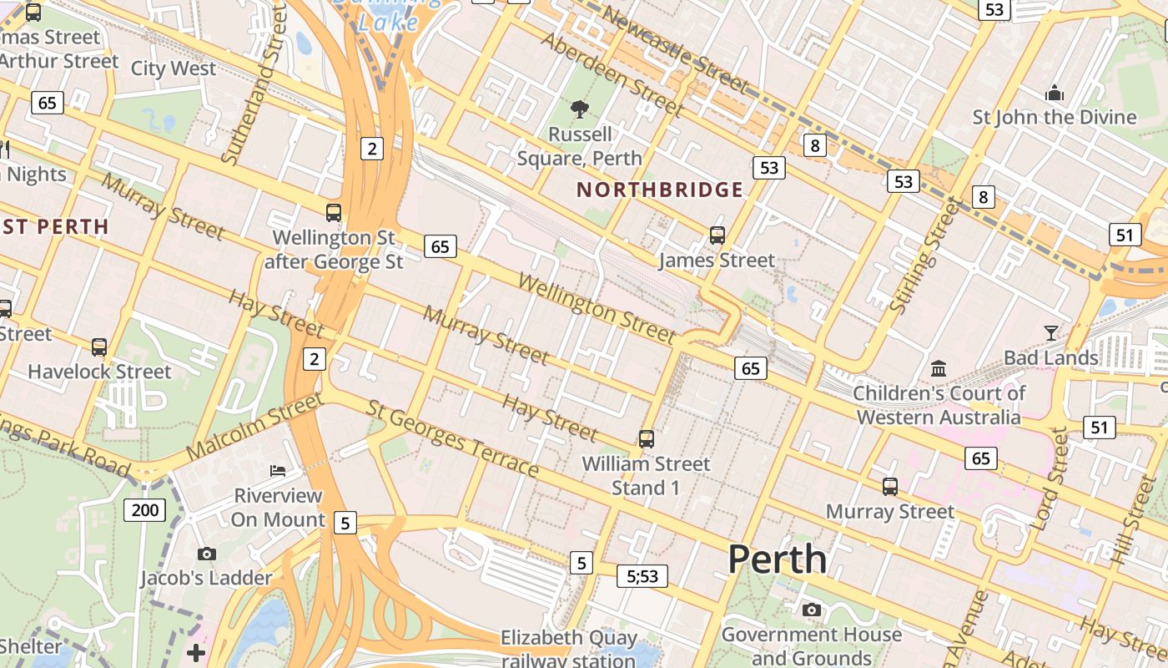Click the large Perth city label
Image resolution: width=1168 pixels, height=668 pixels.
click(778, 559)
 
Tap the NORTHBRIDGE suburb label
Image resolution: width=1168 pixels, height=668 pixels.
click(660, 190)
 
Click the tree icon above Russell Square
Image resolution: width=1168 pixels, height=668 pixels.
click(579, 109)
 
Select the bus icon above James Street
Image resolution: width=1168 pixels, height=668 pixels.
click(717, 235)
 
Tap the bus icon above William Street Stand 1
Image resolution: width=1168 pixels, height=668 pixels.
click(646, 438)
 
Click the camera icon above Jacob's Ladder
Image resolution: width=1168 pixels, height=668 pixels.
click(206, 554)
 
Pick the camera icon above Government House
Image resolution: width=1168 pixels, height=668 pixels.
click(811, 610)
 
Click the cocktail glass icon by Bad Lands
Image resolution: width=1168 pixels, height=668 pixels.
click(1051, 333)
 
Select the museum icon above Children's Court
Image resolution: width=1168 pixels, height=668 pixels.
click(939, 368)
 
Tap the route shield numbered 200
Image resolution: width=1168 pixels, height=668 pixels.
click(144, 509)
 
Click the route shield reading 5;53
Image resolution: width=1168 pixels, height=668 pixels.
click(642, 575)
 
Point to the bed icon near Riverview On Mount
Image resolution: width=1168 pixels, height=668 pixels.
click(278, 471)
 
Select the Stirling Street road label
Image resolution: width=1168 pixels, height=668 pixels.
click(926, 255)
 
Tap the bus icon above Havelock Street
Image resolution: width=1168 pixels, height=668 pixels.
click(99, 347)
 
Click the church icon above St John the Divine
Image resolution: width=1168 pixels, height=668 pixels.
click(1055, 92)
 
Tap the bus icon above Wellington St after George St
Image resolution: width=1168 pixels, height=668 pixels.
click(334, 212)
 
